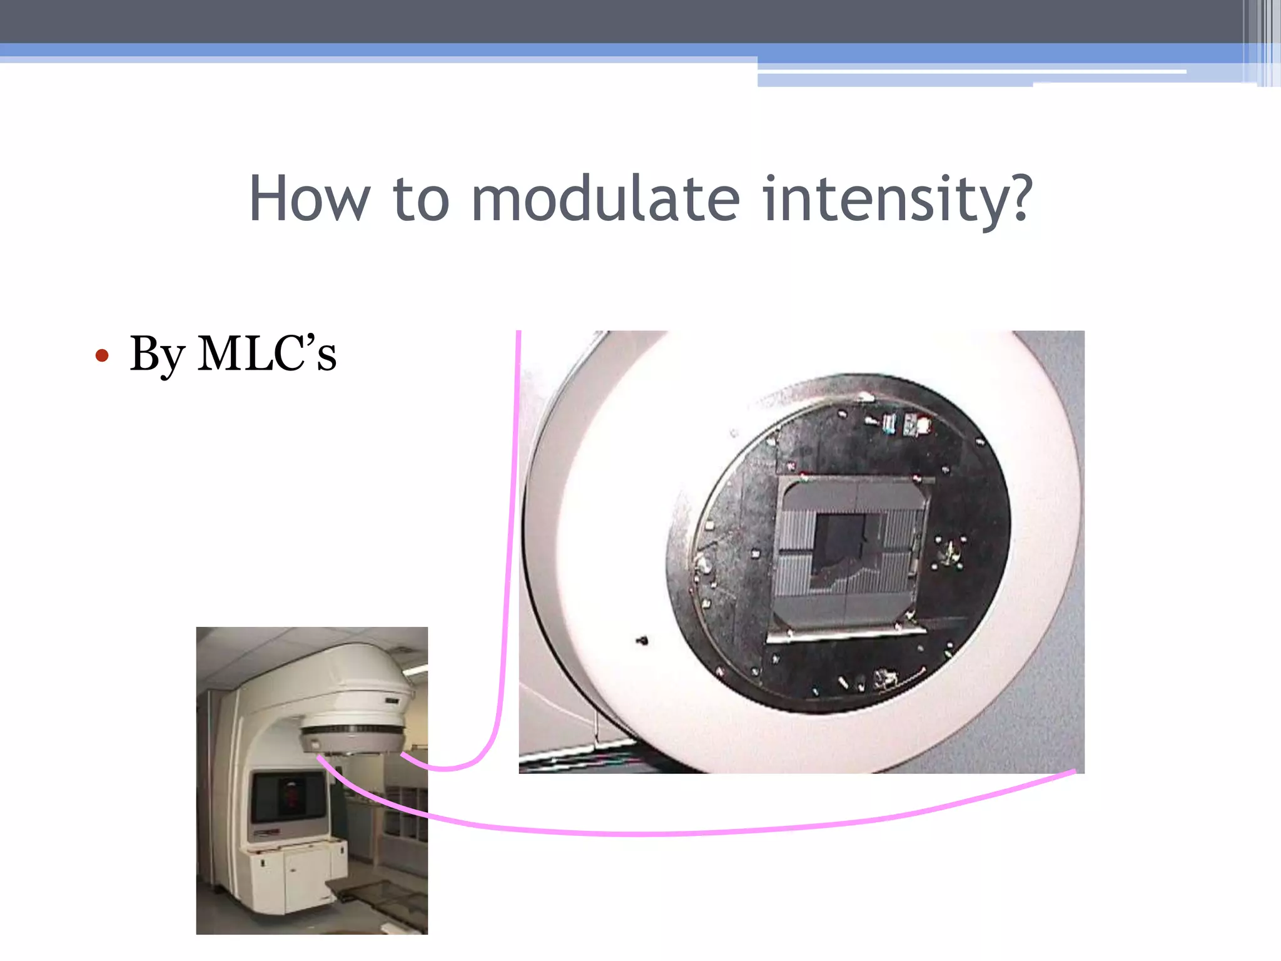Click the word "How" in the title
coord(309,199)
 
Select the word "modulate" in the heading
coord(605,199)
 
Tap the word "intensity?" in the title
coord(897,199)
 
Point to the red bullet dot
coord(102,356)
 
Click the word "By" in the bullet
coord(157,354)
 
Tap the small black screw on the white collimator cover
coord(642,640)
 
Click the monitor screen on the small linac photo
coord(289,796)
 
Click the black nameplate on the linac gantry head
coord(392,701)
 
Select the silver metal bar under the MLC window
coord(844,634)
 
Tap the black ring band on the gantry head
coord(353,730)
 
